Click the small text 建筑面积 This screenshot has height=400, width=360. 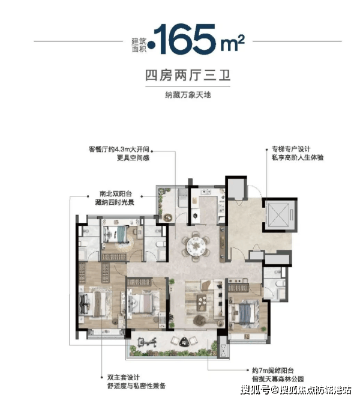(x=139, y=45)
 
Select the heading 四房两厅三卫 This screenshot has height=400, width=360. (x=188, y=75)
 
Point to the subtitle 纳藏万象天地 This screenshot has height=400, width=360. (x=188, y=95)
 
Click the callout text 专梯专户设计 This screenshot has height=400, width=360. (x=291, y=149)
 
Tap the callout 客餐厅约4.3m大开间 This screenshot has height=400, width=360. (x=119, y=149)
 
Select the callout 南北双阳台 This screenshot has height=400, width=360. (x=116, y=193)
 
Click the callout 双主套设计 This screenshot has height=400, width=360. (x=124, y=378)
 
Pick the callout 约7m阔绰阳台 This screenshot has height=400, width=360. (x=273, y=371)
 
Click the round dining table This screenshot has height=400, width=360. (x=196, y=246)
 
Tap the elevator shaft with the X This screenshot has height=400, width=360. (x=278, y=214)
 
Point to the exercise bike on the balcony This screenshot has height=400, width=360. (x=146, y=342)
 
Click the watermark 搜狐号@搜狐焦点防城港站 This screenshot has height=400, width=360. (x=296, y=390)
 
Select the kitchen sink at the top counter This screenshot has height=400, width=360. (x=205, y=192)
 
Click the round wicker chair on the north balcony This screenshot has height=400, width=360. (x=168, y=217)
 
